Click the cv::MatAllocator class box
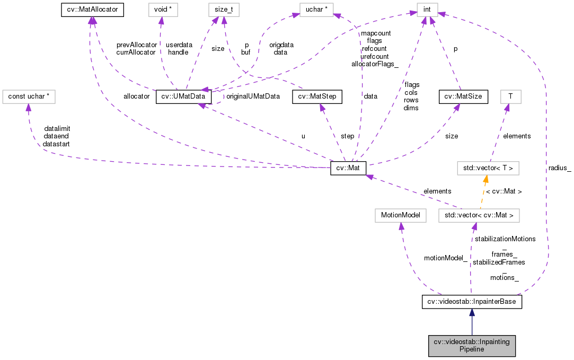[92, 10]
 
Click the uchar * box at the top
[318, 10]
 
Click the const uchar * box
[29, 96]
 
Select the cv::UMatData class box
[183, 96]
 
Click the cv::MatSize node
[461, 96]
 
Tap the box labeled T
[510, 96]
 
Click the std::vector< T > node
[488, 169]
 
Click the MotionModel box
[400, 215]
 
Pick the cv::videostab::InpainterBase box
[472, 302]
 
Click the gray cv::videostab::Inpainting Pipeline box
[472, 345]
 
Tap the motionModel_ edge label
[445, 258]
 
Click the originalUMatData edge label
[253, 96]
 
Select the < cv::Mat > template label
[504, 191]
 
